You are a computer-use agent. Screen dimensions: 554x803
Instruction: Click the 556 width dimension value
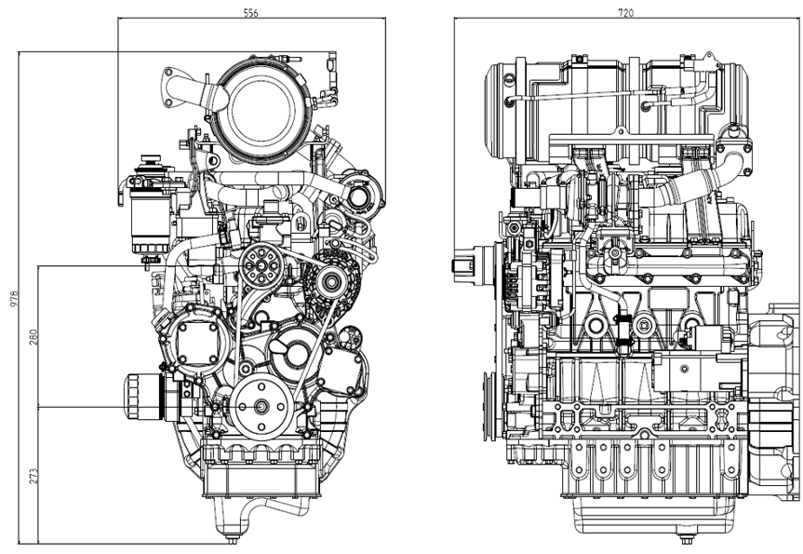coord(250,13)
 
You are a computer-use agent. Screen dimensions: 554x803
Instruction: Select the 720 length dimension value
coord(625,13)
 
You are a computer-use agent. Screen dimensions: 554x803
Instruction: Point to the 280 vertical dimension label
coord(35,337)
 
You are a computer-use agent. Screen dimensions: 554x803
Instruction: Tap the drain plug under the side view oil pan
coord(687,537)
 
